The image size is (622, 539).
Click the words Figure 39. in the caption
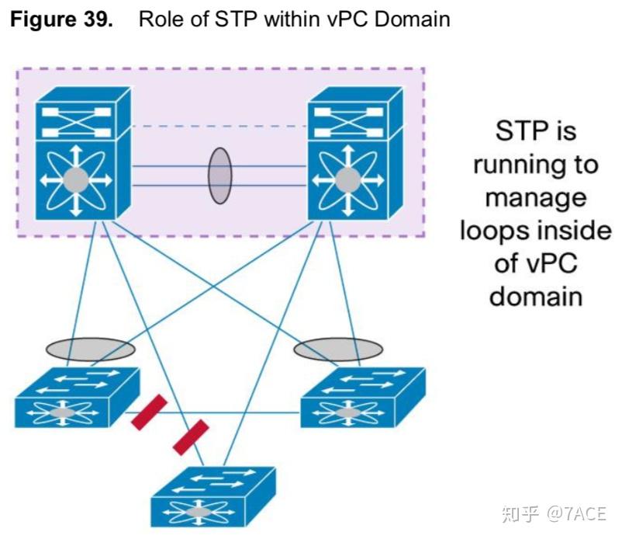click(64, 19)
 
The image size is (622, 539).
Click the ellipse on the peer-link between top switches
click(219, 176)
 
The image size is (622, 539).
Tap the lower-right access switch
click(362, 398)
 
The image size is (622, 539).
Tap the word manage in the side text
click(535, 197)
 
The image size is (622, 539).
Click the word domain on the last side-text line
click(535, 297)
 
